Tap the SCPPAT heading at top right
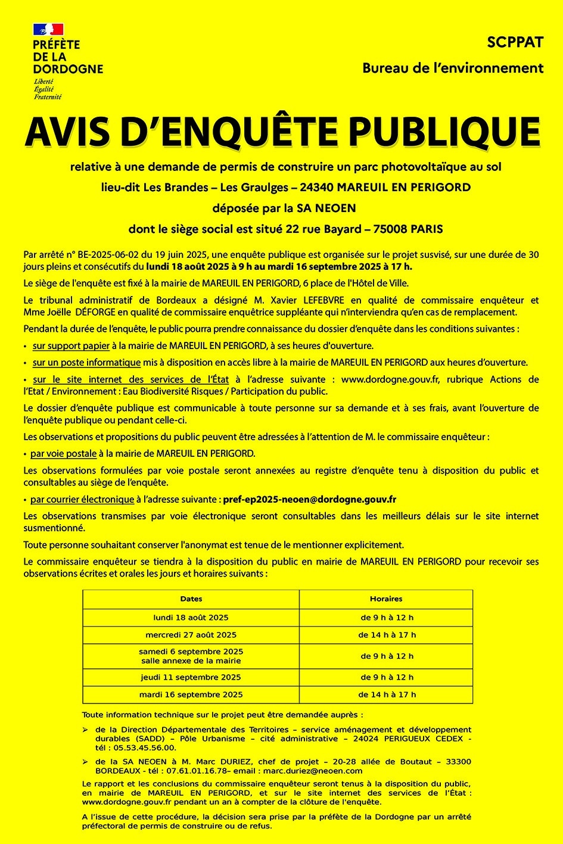click(515, 43)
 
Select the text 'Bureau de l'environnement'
click(453, 68)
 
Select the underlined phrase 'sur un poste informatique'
click(86, 362)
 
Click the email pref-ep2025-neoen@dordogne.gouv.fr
click(309, 499)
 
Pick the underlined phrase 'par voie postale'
click(63, 453)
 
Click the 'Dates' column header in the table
click(191, 599)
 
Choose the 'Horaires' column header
click(386, 599)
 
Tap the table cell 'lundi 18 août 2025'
click(191, 618)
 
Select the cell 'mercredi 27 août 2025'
click(191, 635)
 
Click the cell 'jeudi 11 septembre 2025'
click(191, 677)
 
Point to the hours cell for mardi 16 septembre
click(387, 694)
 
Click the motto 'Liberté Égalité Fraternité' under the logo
click(48, 89)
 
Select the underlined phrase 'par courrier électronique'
click(82, 499)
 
